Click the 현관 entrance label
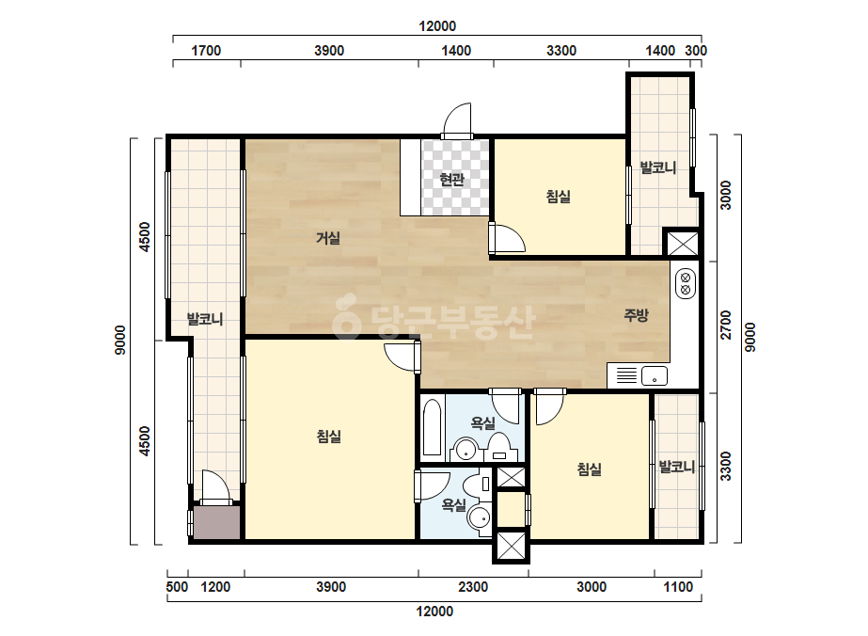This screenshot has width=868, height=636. coord(451,179)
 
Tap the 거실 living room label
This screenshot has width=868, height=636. coord(327,238)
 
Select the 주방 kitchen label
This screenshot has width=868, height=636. coord(636,314)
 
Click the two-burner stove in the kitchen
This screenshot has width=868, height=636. coord(686,283)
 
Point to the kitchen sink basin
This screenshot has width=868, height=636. coord(655,375)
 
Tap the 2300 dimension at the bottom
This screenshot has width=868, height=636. coord(473,587)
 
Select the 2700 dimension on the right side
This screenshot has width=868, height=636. coord(726,325)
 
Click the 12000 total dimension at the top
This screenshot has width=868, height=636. coord(436,26)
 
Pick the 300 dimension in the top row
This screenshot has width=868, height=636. coord(696,51)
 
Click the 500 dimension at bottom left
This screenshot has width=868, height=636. coord(177,587)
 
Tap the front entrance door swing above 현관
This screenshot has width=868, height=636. coord(458,119)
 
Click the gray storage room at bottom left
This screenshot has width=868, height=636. coord(216,522)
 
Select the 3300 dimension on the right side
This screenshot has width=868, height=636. coord(726,466)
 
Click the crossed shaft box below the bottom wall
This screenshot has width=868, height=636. coord(511,546)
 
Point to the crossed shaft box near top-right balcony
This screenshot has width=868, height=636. coord(682,243)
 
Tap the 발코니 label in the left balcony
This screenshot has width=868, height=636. coord(205,319)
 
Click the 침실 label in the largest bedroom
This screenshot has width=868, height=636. coord(329,437)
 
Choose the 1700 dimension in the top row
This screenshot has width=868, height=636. coord(206,51)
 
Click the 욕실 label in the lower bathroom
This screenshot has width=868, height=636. coord(453,504)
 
